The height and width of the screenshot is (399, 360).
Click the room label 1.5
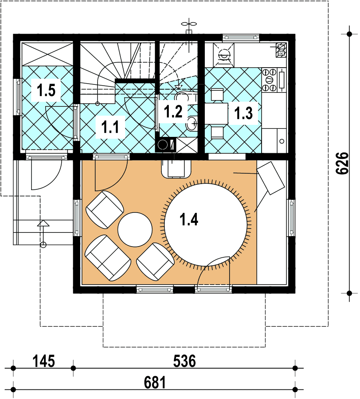click(x=46, y=90)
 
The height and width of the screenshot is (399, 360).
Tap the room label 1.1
click(x=110, y=127)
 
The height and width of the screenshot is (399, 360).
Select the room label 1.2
click(x=173, y=111)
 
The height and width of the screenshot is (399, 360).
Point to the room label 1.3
click(x=244, y=113)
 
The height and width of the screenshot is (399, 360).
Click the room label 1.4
click(x=189, y=219)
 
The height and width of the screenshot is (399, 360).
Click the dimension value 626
click(x=342, y=163)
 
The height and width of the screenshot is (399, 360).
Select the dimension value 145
click(x=44, y=361)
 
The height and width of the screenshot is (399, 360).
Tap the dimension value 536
click(x=184, y=361)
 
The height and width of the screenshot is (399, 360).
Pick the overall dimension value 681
click(x=155, y=383)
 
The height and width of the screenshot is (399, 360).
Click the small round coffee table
click(x=135, y=230)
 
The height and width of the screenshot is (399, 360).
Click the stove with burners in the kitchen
click(x=270, y=80)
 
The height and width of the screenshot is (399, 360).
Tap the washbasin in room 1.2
click(x=192, y=123)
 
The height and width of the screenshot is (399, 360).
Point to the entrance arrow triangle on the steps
click(x=43, y=223)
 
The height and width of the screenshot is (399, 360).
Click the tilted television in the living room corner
click(x=271, y=178)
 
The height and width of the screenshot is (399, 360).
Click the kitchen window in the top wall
click(x=241, y=37)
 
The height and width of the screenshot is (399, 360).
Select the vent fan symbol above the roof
click(x=189, y=24)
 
